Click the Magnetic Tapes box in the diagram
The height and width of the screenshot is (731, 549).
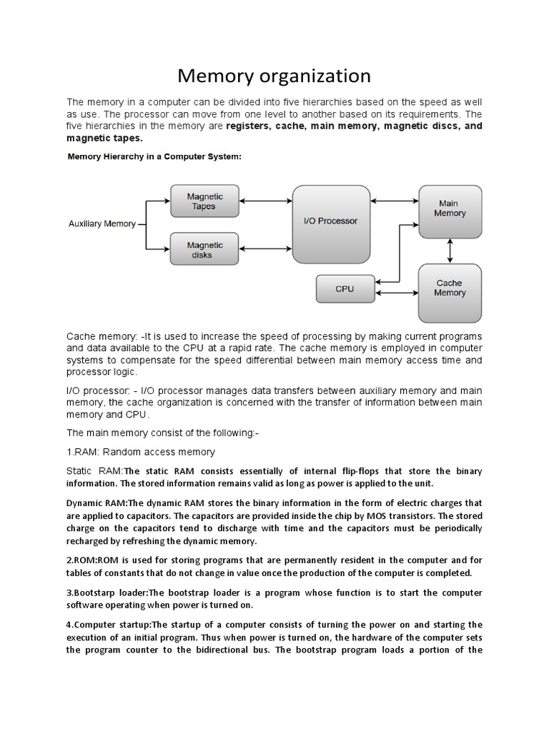(x=204, y=201)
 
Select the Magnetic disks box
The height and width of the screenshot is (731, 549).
(x=204, y=250)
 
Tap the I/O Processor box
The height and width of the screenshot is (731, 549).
(x=331, y=223)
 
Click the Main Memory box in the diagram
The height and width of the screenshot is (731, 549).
(x=450, y=211)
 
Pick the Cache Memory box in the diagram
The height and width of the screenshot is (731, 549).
(x=450, y=292)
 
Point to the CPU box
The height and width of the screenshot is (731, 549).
(x=345, y=288)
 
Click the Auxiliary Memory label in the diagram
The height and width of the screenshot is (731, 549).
(x=102, y=224)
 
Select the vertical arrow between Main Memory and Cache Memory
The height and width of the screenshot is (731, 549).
(x=450, y=251)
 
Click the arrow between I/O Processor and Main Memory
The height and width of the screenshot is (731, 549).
(x=394, y=201)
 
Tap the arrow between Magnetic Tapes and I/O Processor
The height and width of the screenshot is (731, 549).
(x=266, y=201)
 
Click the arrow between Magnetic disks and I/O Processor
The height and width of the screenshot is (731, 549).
(x=266, y=250)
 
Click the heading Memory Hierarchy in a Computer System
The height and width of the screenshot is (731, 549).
(x=154, y=157)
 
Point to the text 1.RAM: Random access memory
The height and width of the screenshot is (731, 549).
(x=141, y=452)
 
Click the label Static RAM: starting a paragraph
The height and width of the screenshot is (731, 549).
(x=95, y=471)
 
